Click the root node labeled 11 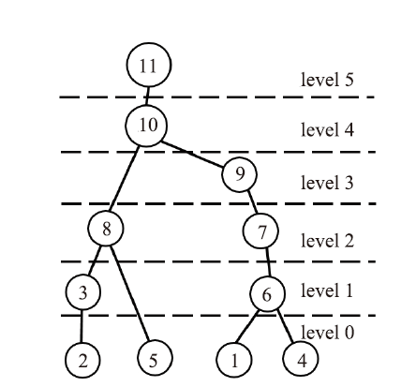pyautogui.click(x=149, y=65)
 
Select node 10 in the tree pyautogui.click(x=146, y=126)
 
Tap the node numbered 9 pyautogui.click(x=239, y=174)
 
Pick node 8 pyautogui.click(x=106, y=229)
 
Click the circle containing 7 pyautogui.click(x=260, y=231)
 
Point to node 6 pyautogui.click(x=267, y=293)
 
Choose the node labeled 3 pyautogui.click(x=83, y=292)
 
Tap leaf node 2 pyautogui.click(x=82, y=360)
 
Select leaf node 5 pyautogui.click(x=155, y=358)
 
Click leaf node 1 pyautogui.click(x=234, y=360)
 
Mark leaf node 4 pyautogui.click(x=301, y=359)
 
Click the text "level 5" pyautogui.click(x=327, y=80)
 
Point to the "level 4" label pyautogui.click(x=327, y=129)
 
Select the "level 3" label pyautogui.click(x=327, y=183)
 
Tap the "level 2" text pyautogui.click(x=327, y=241)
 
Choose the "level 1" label pyautogui.click(x=327, y=290)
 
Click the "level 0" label pyautogui.click(x=327, y=332)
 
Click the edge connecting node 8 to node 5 pyautogui.click(x=130, y=293)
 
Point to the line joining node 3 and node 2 pyautogui.click(x=82, y=326)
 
